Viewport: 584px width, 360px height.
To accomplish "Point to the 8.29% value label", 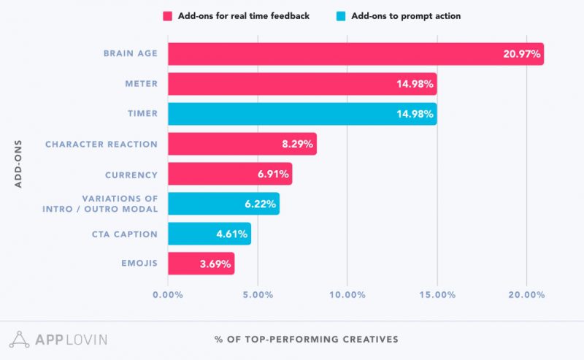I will click(x=298, y=144).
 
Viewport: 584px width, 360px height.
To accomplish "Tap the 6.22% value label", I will click(x=261, y=204).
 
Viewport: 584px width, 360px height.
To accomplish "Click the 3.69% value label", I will click(x=217, y=264).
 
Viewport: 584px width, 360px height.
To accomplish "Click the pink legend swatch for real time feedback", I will click(x=167, y=15).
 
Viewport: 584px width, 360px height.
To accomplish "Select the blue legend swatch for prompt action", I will click(x=341, y=15).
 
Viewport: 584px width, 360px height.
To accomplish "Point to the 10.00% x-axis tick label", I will click(x=347, y=295).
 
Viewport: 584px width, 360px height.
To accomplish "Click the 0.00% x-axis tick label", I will click(x=168, y=295).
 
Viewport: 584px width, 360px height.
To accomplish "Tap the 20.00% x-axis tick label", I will click(x=526, y=295).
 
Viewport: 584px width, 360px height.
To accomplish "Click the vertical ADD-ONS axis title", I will click(x=19, y=163).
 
